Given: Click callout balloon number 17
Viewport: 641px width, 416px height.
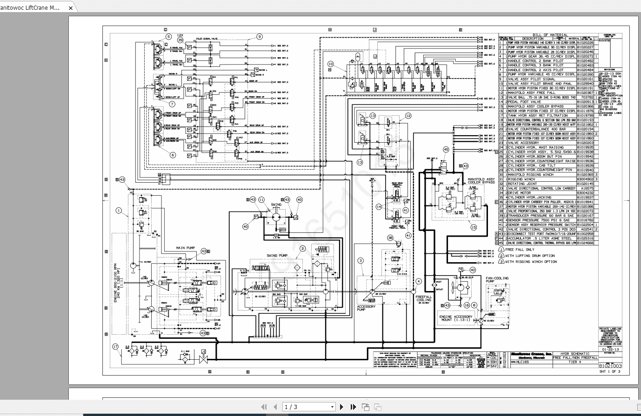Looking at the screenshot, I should (x=116, y=346).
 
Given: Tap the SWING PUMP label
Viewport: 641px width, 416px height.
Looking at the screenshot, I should (x=277, y=256).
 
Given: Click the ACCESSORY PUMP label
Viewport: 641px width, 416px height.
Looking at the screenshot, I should (x=366, y=308).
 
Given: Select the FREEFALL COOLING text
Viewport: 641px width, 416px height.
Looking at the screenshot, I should (x=423, y=298).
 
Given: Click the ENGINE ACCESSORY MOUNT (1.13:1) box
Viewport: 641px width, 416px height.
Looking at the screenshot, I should (x=456, y=319).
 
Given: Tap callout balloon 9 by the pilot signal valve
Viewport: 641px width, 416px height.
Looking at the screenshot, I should (x=260, y=37).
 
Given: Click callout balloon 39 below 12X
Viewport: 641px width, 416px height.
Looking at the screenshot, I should (x=180, y=40).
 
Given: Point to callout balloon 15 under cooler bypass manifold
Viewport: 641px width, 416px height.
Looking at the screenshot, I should (x=474, y=227).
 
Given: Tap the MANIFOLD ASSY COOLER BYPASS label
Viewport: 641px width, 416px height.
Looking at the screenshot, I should (x=481, y=181).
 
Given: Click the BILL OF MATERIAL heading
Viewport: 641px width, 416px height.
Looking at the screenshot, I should (x=549, y=35).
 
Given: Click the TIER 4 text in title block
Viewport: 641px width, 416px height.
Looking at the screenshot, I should (x=575, y=362).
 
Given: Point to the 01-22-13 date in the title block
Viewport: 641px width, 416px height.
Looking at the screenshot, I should (x=610, y=349).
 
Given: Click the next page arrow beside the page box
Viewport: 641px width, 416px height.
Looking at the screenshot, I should (x=342, y=407).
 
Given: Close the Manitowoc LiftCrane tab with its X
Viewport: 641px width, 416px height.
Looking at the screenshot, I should (x=70, y=8).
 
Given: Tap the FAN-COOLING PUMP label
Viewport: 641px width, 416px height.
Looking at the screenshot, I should (x=497, y=280).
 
